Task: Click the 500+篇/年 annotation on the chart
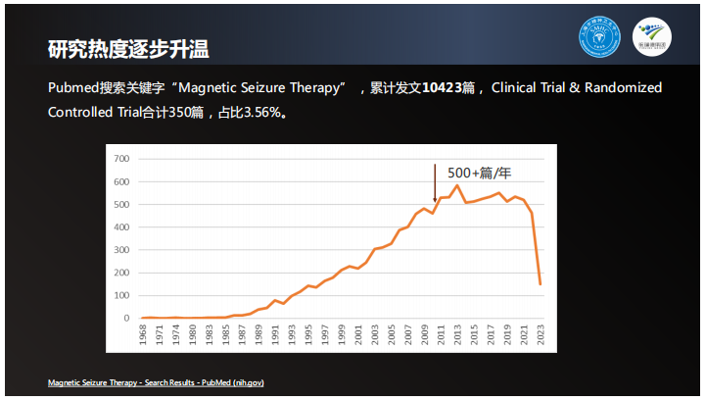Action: click(480, 173)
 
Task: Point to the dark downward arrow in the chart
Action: click(435, 182)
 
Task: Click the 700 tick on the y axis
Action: click(122, 159)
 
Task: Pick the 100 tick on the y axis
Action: click(122, 296)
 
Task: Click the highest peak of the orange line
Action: click(456, 185)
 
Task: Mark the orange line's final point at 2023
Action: click(541, 284)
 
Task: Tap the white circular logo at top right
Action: click(652, 38)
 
